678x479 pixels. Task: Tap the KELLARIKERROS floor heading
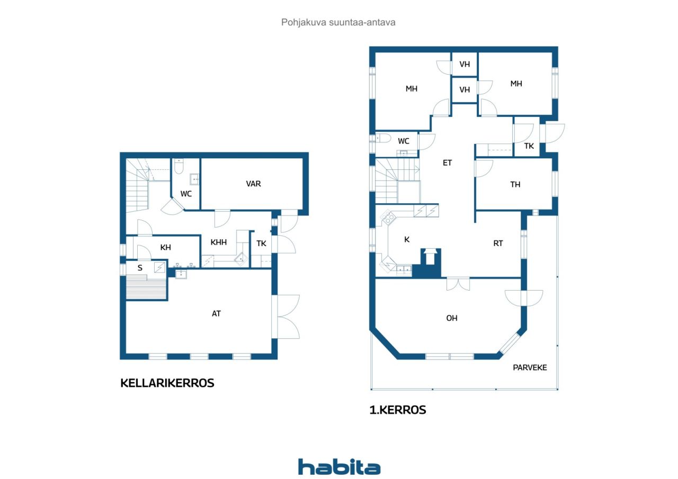point(167,383)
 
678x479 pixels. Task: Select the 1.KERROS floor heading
point(398,410)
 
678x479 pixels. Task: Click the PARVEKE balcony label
point(530,367)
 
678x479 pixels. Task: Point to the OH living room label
point(452,318)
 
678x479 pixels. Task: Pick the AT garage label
point(216,313)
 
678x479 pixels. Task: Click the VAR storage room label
point(253,184)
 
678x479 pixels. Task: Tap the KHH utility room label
point(219,242)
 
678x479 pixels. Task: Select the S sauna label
point(140,268)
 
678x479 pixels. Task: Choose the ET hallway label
point(447,162)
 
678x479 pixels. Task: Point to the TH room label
point(515,184)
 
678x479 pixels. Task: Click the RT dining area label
point(498,243)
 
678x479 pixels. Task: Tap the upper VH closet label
point(465,64)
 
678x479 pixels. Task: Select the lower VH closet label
point(465,89)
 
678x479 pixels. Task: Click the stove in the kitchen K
point(388,217)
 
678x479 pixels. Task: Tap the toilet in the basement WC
point(179,166)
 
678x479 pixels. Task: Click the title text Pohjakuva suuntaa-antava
point(338,22)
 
